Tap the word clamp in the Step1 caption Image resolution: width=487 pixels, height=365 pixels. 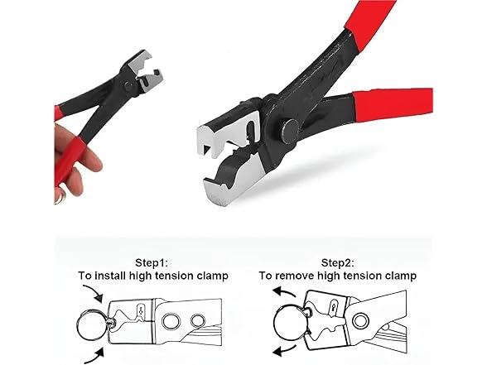209,275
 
